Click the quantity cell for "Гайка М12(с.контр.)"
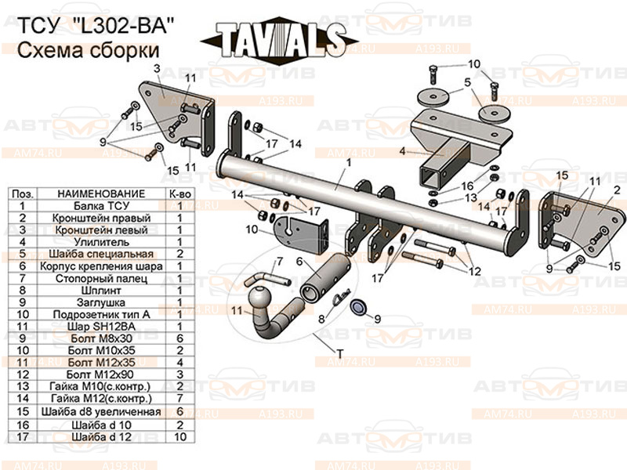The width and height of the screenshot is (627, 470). tap(179, 399)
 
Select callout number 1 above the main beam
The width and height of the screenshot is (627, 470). tap(342, 161)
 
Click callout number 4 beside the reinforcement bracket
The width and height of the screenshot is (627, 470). tap(403, 151)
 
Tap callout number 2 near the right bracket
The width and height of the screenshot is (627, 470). tap(617, 189)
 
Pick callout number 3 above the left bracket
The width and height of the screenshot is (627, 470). tap(157, 69)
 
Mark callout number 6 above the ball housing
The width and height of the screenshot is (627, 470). tap(299, 262)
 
